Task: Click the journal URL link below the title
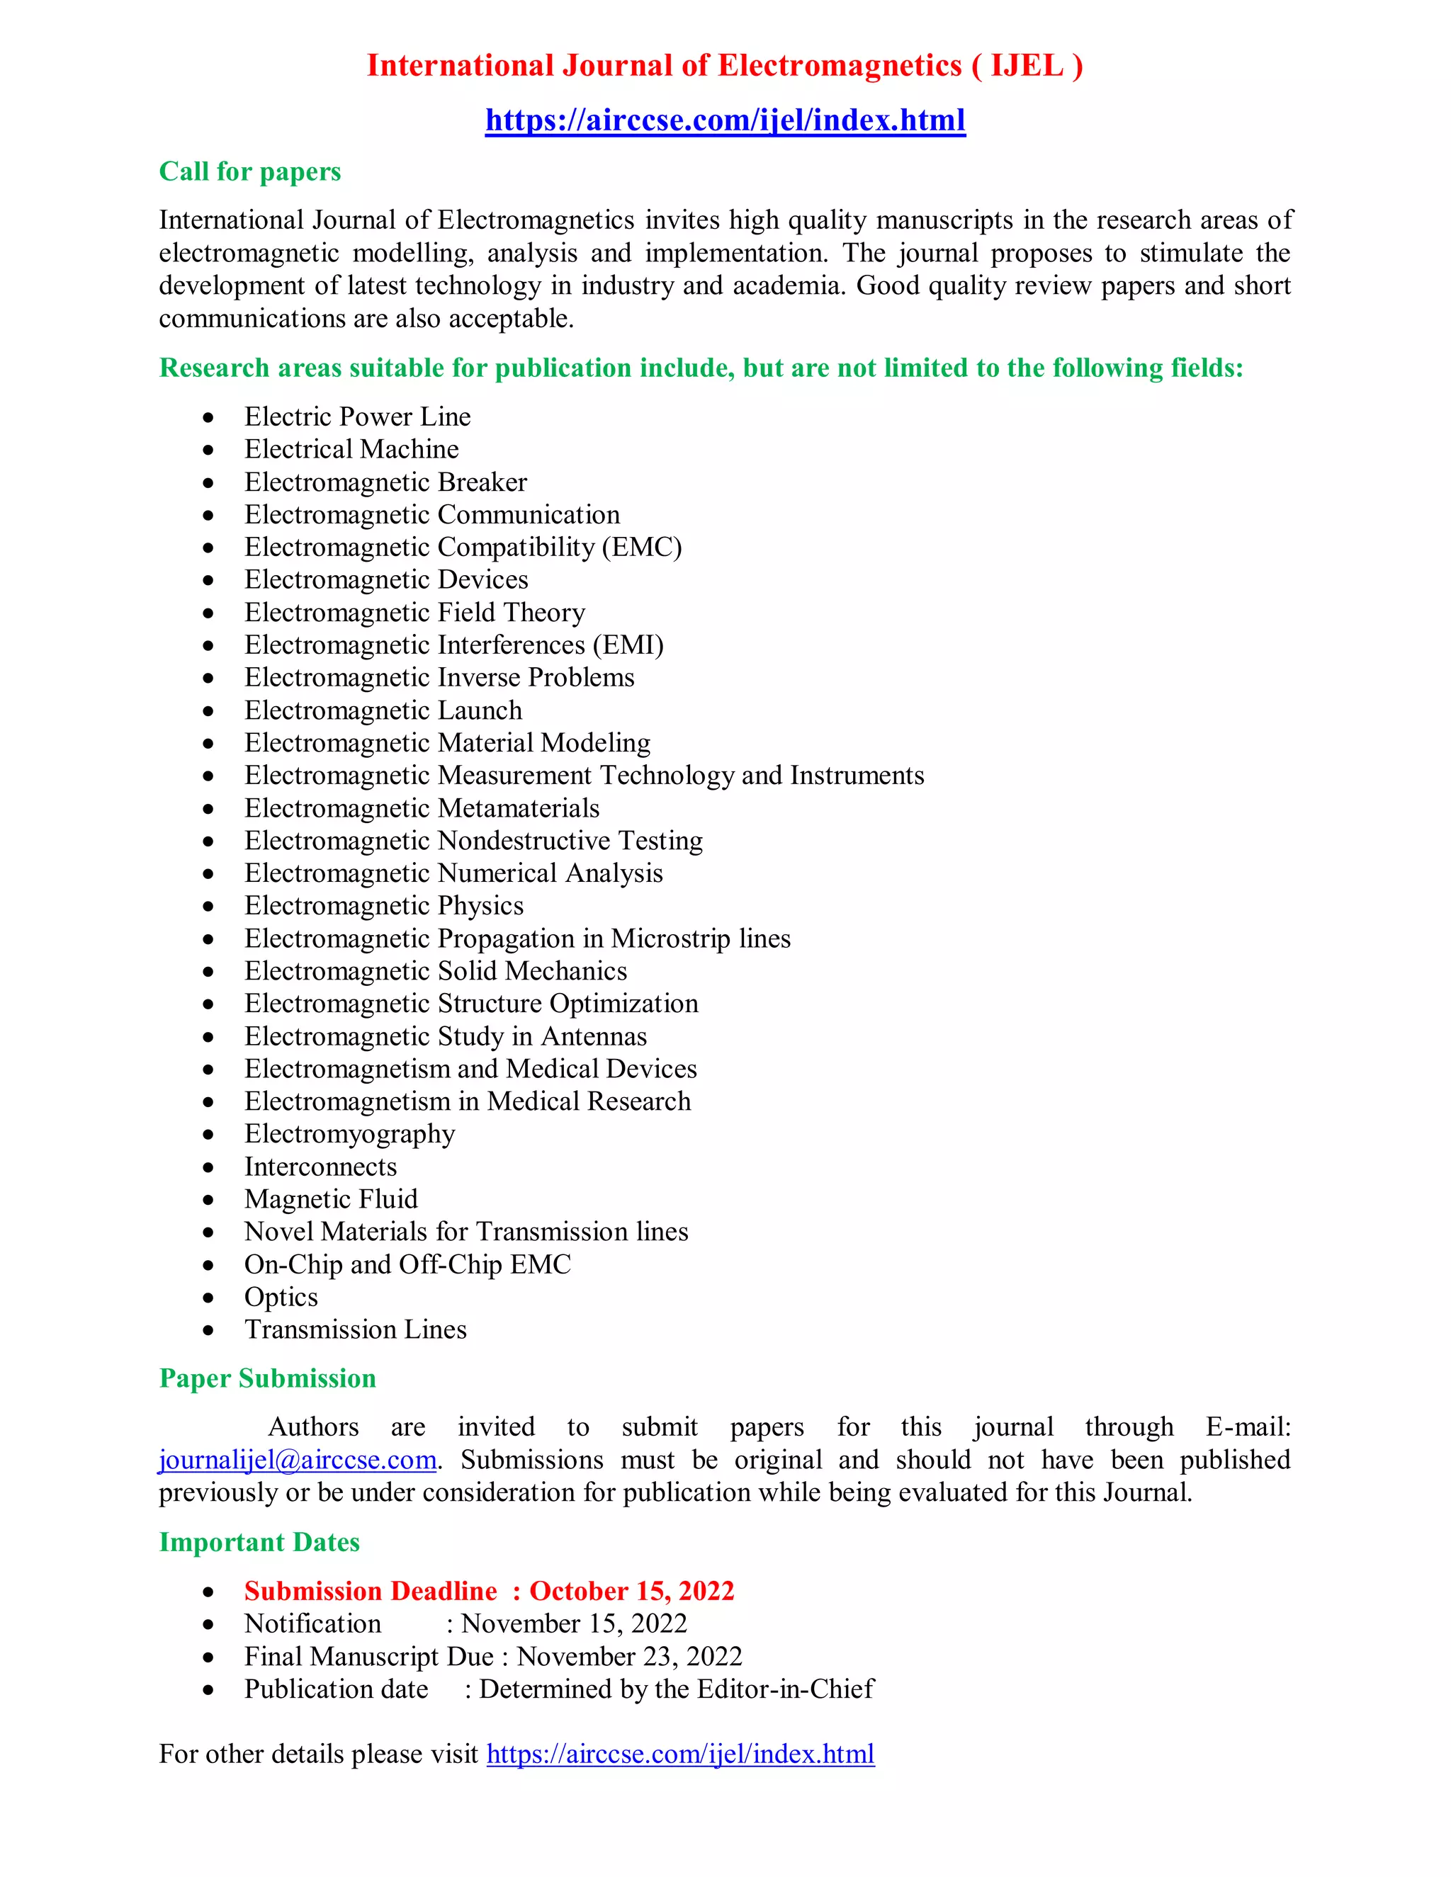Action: (x=725, y=120)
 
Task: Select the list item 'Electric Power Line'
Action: (x=357, y=416)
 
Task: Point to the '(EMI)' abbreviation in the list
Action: (x=628, y=645)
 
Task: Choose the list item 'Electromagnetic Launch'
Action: (x=383, y=710)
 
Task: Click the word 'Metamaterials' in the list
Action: (x=519, y=809)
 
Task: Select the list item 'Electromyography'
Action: (x=349, y=1135)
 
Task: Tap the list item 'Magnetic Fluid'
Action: (x=331, y=1200)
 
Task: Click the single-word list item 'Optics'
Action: (x=281, y=1297)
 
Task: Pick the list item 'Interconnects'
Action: (x=320, y=1167)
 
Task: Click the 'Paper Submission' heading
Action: (x=267, y=1378)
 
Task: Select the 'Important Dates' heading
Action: (x=259, y=1543)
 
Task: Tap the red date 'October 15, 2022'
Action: (x=631, y=1592)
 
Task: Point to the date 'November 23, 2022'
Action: (x=629, y=1657)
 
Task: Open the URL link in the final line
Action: (x=680, y=1754)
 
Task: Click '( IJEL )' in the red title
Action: (x=1027, y=65)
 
